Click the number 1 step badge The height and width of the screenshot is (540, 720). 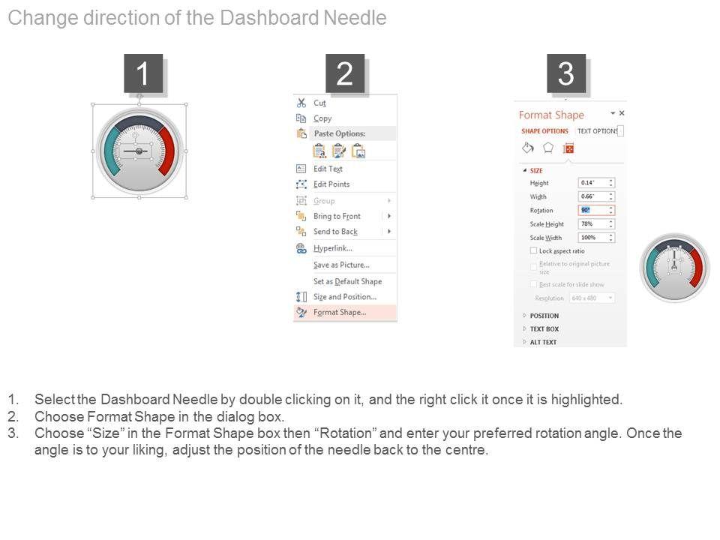coord(142,74)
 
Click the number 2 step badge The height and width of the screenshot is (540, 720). coord(344,74)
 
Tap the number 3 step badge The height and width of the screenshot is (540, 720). coord(565,74)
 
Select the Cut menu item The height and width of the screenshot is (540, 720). coord(319,103)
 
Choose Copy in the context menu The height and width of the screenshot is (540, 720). coord(322,118)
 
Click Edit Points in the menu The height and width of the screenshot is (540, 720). coord(331,184)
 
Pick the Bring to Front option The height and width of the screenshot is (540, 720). coord(337,216)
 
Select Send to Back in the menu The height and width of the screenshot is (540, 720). coord(335,232)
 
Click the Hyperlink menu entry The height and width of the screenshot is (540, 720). coord(332,248)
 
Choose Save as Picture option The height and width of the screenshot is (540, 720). coord(341,265)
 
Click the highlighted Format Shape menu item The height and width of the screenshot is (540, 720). coord(340,313)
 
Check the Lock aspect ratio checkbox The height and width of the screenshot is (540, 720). coord(533,251)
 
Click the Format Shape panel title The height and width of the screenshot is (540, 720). coord(551,115)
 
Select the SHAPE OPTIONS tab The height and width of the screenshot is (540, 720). coord(544,131)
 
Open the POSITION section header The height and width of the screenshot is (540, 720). coord(544,316)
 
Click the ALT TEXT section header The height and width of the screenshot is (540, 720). coord(543,342)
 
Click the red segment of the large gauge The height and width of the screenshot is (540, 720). coord(169,149)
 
